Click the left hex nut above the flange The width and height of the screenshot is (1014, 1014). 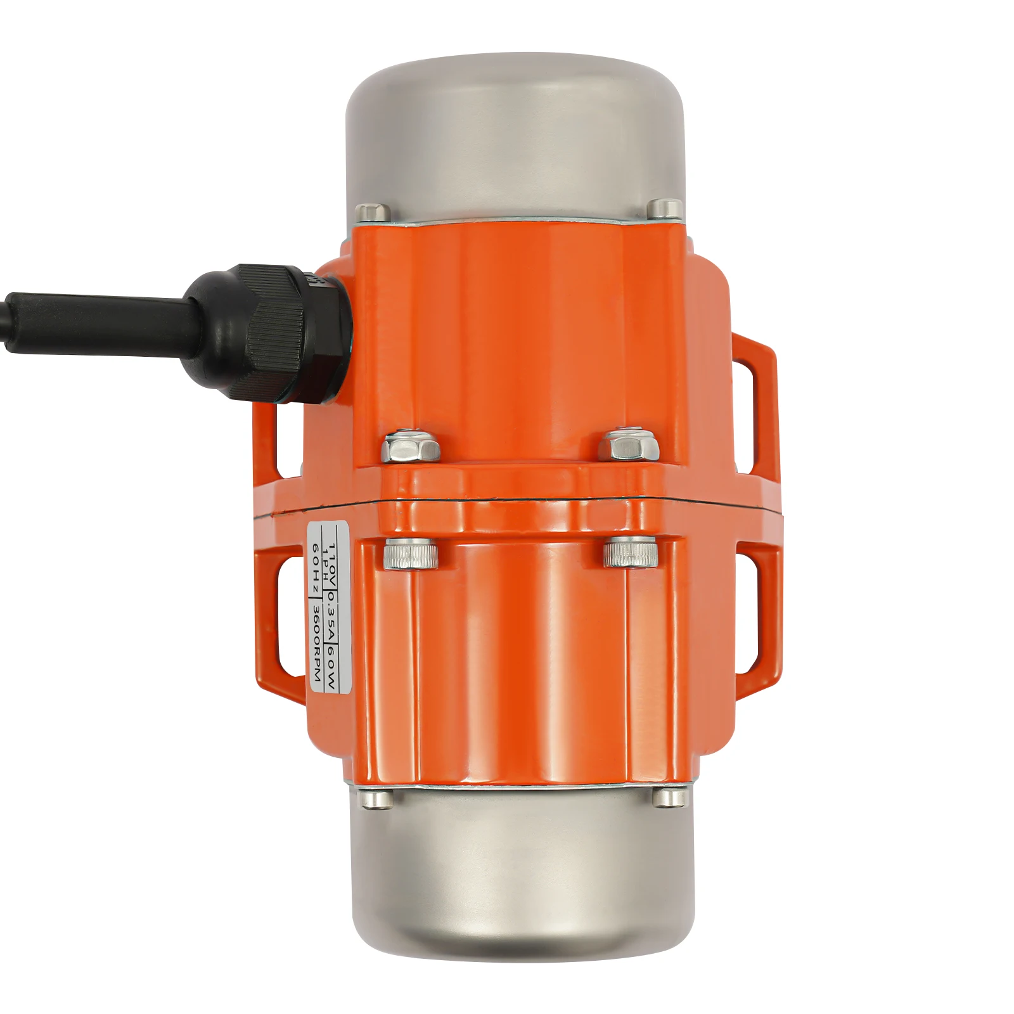pos(411,446)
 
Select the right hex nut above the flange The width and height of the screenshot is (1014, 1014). pos(629,446)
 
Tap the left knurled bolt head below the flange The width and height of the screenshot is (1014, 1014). pos(411,553)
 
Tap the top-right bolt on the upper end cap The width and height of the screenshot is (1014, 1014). pos(665,208)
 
